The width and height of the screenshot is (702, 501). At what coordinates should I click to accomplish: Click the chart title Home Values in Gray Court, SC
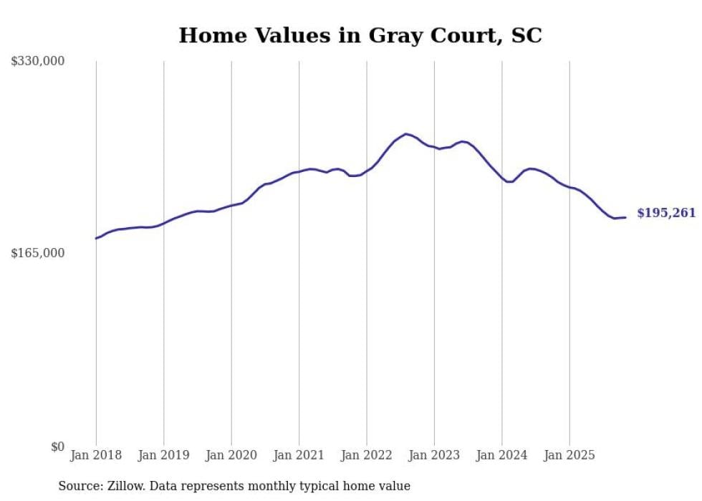coord(360,35)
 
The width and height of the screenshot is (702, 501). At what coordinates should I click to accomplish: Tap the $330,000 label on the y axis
coord(38,62)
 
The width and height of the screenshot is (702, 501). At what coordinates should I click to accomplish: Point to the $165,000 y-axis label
coord(38,253)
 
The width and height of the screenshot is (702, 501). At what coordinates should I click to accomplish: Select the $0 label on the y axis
coord(57,447)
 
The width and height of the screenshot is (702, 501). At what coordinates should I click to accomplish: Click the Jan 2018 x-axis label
coord(96,455)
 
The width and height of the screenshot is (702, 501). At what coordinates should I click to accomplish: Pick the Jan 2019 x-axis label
coord(163,455)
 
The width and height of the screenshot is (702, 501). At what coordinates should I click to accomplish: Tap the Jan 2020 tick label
coord(231,455)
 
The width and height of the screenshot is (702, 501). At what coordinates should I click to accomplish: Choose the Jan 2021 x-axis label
coord(299,455)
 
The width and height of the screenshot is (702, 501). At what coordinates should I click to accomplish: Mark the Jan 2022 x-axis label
coord(367,455)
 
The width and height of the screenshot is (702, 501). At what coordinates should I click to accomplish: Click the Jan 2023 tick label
coord(434,455)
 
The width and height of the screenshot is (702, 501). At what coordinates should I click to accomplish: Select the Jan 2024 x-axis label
coord(502,455)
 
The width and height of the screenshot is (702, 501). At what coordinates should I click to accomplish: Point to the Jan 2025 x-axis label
coord(569,455)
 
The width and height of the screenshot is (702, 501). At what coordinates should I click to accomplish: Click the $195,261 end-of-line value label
coord(665,213)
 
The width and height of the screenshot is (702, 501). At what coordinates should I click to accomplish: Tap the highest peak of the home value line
coord(406,134)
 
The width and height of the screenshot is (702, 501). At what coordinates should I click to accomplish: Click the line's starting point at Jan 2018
coord(96,238)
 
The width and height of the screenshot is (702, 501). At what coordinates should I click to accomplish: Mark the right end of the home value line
coord(625,217)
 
